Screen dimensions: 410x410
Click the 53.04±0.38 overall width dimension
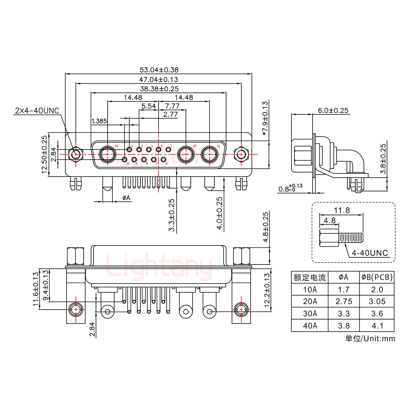click(159, 70)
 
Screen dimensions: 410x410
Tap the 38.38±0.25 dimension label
click(159, 89)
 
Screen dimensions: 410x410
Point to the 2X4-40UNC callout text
click(37, 110)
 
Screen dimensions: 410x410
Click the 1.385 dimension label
click(99, 121)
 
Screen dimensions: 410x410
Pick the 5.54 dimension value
click(149, 106)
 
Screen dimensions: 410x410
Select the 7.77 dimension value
click(172, 106)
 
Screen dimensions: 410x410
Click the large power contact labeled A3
click(107, 155)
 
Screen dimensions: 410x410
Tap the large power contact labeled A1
click(210, 155)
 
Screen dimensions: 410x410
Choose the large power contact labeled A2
click(186, 155)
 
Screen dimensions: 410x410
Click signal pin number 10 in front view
click(124, 160)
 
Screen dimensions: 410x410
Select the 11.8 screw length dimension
click(342, 210)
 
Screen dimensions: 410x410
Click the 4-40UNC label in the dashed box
click(370, 253)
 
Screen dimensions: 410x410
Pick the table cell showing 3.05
click(377, 302)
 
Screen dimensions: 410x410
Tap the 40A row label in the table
click(310, 325)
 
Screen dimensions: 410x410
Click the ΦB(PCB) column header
click(377, 277)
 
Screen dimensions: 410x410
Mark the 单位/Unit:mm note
click(370, 338)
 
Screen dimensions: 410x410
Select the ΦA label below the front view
click(126, 198)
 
